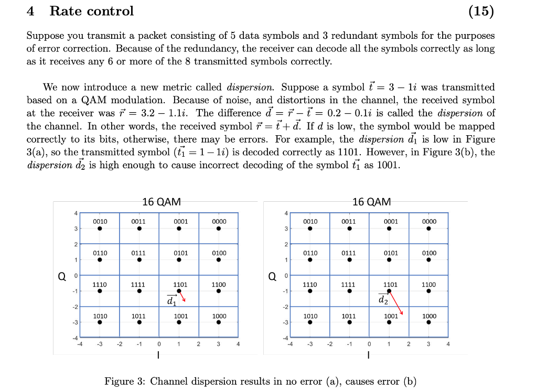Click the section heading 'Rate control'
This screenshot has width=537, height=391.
point(92,11)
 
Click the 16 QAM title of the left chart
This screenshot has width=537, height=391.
point(162,202)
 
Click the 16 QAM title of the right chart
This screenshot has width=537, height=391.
point(372,202)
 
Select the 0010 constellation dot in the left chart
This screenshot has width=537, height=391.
point(100,229)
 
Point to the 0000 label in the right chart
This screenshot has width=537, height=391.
point(428,222)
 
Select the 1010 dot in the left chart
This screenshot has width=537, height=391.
point(100,322)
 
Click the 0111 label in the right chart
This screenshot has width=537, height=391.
point(349,253)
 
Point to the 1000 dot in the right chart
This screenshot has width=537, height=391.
point(428,322)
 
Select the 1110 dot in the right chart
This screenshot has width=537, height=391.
point(310,291)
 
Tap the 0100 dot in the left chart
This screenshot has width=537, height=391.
point(219,259)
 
